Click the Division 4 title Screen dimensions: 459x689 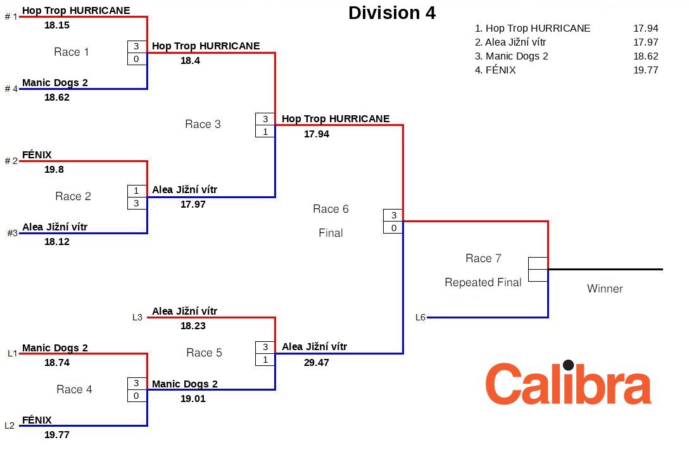tap(392, 13)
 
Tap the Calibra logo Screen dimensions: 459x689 tap(568, 383)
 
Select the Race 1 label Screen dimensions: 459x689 tap(72, 52)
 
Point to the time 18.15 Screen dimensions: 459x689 tap(57, 25)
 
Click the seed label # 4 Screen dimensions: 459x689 tap(11, 89)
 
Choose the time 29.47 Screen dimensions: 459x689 tap(317, 362)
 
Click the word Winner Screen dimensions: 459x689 tap(605, 289)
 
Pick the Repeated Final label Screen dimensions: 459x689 tap(483, 282)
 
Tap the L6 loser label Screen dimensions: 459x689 tap(420, 317)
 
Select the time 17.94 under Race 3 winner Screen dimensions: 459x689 tap(317, 134)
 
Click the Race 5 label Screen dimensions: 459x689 tap(204, 353)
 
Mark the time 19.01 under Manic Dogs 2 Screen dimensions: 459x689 tap(193, 398)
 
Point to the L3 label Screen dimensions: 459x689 tap(137, 317)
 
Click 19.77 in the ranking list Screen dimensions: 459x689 tap(645, 70)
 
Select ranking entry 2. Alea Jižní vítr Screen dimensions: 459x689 tap(510, 42)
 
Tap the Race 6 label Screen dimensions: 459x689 tap(331, 209)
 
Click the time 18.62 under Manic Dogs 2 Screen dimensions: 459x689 tap(57, 97)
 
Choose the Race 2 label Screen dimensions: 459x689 tap(73, 196)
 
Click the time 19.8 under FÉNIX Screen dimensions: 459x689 tap(54, 170)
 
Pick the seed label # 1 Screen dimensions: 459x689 tap(11, 16)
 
